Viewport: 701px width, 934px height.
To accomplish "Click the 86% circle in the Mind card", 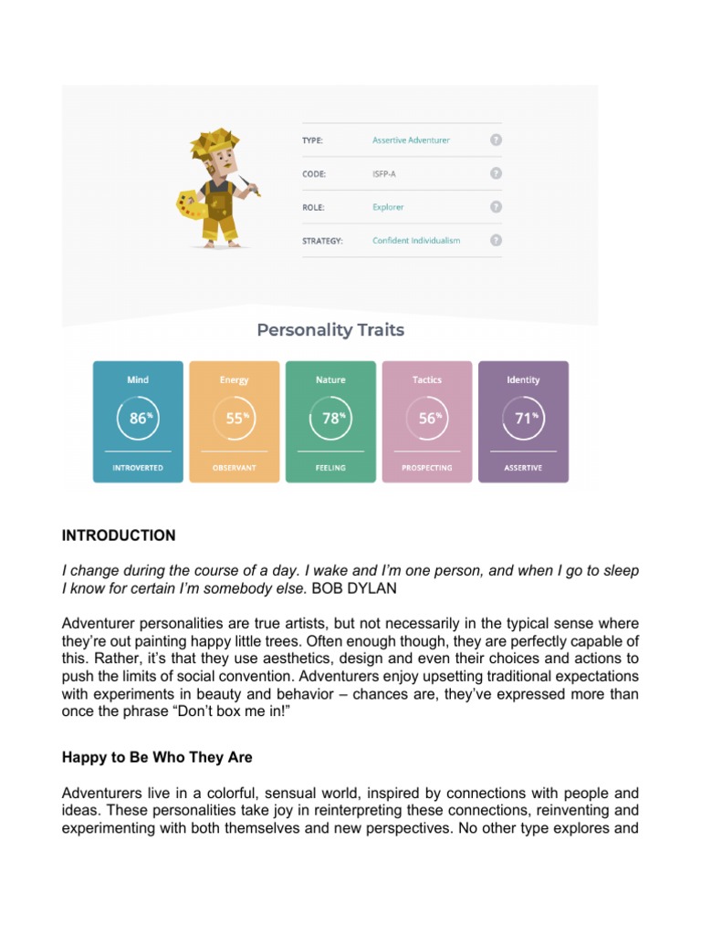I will [138, 419].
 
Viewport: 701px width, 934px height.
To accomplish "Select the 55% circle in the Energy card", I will [235, 419].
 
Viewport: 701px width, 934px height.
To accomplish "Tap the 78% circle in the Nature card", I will [330, 419].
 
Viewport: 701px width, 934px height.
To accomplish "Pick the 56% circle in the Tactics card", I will [426, 419].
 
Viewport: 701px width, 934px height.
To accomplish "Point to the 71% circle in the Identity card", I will [523, 419].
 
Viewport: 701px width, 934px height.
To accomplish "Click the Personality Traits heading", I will [330, 330].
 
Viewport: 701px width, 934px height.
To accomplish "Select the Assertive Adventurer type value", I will [411, 140].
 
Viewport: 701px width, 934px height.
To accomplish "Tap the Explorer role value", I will [388, 207].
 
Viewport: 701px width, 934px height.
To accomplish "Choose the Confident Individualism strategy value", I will [416, 241].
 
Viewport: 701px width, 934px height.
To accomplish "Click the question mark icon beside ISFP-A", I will [496, 173].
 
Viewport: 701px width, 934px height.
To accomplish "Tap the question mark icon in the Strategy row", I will [496, 241].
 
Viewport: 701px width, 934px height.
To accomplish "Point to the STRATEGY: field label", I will [324, 241].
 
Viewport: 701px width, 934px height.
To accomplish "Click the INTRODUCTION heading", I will [119, 535].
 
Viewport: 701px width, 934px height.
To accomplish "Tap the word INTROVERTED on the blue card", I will [138, 468].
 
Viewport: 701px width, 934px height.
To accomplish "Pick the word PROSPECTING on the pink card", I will [426, 468].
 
